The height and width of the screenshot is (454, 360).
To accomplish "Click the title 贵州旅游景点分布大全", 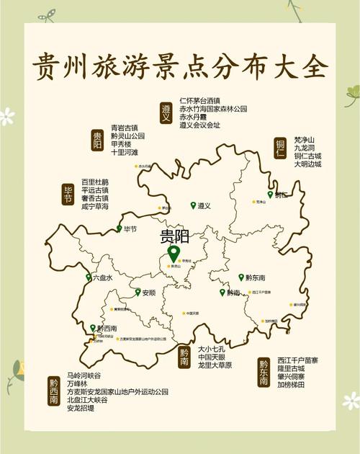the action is (180, 66).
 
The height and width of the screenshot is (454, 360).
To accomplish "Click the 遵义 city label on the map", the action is (204, 206).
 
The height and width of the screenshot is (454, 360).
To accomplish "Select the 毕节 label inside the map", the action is (130, 230).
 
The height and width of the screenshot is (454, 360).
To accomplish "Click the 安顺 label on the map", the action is (148, 293).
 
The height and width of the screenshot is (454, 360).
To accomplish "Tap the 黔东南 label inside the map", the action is (255, 278).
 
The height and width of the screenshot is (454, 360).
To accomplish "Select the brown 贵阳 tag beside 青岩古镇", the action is (97, 139).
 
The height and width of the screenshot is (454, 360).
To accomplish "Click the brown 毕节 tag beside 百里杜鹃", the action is (68, 194).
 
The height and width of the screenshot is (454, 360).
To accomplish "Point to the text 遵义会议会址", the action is (199, 125).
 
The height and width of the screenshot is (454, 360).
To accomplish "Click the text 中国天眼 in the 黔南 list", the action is (215, 357).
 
